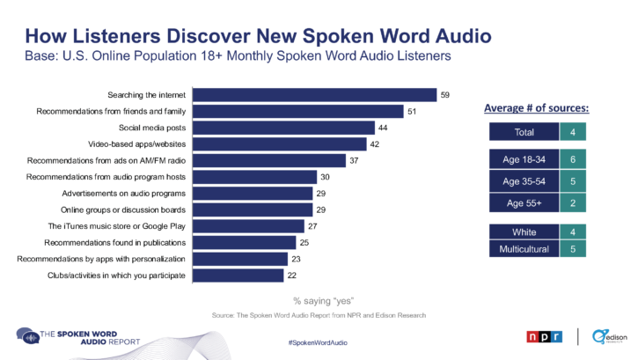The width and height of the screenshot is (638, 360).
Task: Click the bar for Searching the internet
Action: [x=314, y=95]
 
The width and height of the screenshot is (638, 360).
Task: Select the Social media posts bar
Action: [x=282, y=128]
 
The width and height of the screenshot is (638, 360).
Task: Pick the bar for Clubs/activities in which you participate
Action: [x=238, y=276]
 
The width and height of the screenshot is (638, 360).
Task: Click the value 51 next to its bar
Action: [x=411, y=112]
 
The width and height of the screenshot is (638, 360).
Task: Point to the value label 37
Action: [x=353, y=161]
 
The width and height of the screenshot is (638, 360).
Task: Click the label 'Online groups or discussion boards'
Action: [x=122, y=209]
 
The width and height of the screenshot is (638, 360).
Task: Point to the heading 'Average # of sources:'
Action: [x=537, y=108]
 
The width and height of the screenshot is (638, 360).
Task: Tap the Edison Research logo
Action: [x=609, y=336]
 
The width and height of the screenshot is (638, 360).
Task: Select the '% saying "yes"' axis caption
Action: [x=318, y=300]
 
